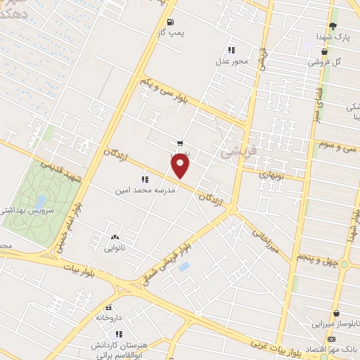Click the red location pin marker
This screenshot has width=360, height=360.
[x=181, y=166]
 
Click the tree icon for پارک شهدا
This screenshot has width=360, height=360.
[x=332, y=25]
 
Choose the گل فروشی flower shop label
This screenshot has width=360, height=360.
[x=324, y=62]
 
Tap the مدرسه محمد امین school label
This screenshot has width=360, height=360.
[x=145, y=190]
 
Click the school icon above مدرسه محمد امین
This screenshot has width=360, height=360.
[x=145, y=179]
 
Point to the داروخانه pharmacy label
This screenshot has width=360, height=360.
[x=109, y=318]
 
